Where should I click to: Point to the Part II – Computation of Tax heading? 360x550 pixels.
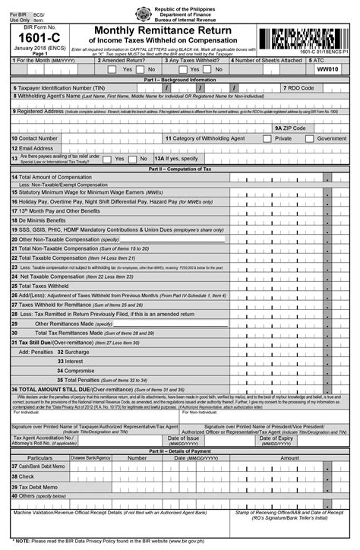tap(180, 168)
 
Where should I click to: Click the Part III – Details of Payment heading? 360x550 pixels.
tap(180, 450)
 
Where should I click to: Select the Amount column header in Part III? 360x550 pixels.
tap(289, 458)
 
